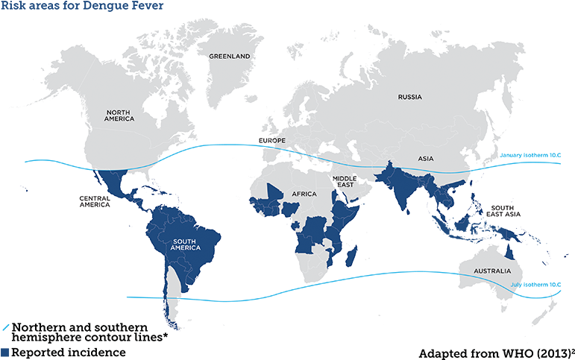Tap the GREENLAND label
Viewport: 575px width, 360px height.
(228, 57)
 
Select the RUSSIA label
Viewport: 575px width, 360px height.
(409, 97)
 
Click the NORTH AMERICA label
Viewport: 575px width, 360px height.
(119, 115)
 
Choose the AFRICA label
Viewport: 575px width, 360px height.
(304, 194)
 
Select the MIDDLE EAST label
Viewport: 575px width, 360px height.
(344, 181)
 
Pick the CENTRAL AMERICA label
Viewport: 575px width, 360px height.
(95, 201)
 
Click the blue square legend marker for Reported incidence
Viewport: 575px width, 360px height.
(5, 352)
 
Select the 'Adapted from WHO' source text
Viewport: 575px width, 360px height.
(495, 352)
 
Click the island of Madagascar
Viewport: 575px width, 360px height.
(348, 258)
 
